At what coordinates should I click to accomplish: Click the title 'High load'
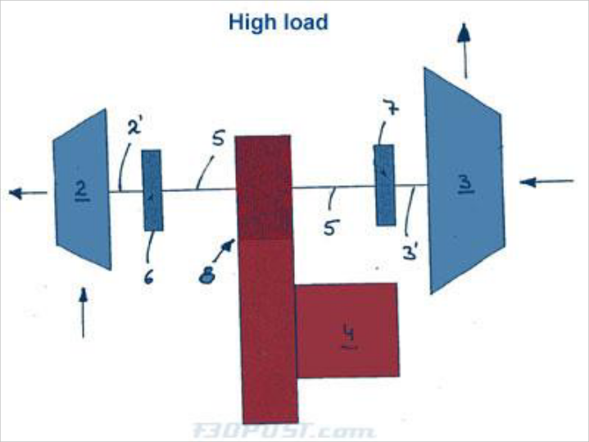(278, 21)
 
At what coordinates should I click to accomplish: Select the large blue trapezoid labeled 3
(464, 182)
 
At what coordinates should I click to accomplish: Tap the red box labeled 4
(347, 330)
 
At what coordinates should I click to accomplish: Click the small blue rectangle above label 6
(152, 190)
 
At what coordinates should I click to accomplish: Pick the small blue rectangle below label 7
(385, 185)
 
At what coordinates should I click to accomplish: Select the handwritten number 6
(148, 277)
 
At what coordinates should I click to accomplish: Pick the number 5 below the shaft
(329, 227)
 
